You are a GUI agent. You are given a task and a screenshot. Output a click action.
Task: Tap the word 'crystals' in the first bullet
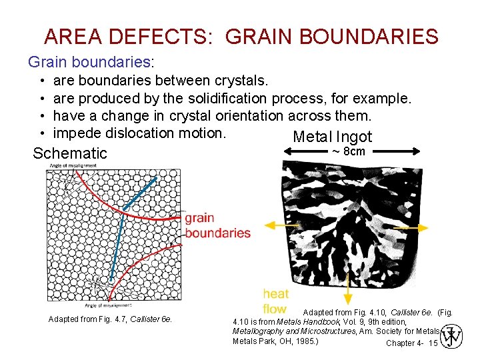[x=241, y=81]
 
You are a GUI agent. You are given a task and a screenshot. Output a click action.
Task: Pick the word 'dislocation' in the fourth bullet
[x=143, y=133]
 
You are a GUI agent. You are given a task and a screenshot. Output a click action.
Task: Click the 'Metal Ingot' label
[x=332, y=137]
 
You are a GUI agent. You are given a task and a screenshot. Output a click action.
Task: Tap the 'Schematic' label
[x=70, y=153]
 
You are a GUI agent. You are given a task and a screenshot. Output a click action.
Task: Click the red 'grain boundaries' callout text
[x=217, y=225]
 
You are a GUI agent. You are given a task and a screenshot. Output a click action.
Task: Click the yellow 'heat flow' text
[x=275, y=301]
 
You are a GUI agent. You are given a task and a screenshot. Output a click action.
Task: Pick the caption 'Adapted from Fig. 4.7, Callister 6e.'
[x=110, y=319]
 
